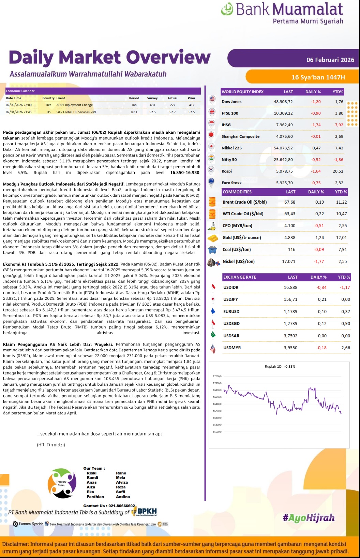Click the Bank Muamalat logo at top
[x=282, y=13]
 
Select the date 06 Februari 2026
[x=330, y=60]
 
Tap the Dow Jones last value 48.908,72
[x=283, y=102]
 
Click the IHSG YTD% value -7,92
[x=338, y=125]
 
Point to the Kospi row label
[x=227, y=171]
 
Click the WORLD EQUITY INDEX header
[x=242, y=92]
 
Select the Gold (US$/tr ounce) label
[x=242, y=238]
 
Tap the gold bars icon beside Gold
[x=213, y=238]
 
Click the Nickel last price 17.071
[x=288, y=262]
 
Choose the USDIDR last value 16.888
[x=290, y=288]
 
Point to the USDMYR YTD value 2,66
[x=345, y=348]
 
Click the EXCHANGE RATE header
[x=240, y=277]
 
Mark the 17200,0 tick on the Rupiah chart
[x=217, y=376]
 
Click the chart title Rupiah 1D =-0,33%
[x=280, y=367]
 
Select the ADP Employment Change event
[x=74, y=105]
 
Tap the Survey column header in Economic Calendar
[x=152, y=98]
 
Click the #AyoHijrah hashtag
[x=309, y=518]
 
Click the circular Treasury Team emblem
[x=62, y=483]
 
